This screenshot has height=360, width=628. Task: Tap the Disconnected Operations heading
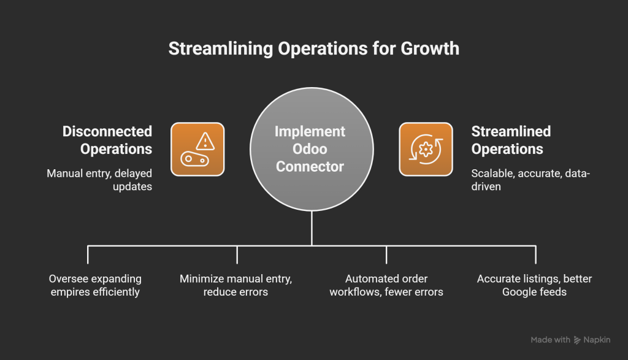pos(107,140)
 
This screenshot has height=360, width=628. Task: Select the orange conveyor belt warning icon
pos(197,149)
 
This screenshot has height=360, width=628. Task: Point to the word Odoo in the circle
pos(310,149)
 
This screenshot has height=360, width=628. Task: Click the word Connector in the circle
pos(310,166)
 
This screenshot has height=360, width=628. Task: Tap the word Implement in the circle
pos(310,132)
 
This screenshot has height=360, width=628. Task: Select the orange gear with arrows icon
pos(426,149)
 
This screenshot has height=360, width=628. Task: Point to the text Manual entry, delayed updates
pos(100,179)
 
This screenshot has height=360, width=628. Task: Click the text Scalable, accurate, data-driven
pos(530,179)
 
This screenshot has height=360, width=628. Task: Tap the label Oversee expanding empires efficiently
pos(95,285)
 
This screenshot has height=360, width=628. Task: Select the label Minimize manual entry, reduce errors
pos(236,285)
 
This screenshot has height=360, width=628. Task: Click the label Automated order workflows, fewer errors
pos(386,285)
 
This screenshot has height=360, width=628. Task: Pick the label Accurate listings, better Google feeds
pos(534,285)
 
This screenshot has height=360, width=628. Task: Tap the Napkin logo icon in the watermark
pos(577,340)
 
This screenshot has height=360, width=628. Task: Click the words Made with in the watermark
pos(550,340)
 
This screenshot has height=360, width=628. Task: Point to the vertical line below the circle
pos(312,228)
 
